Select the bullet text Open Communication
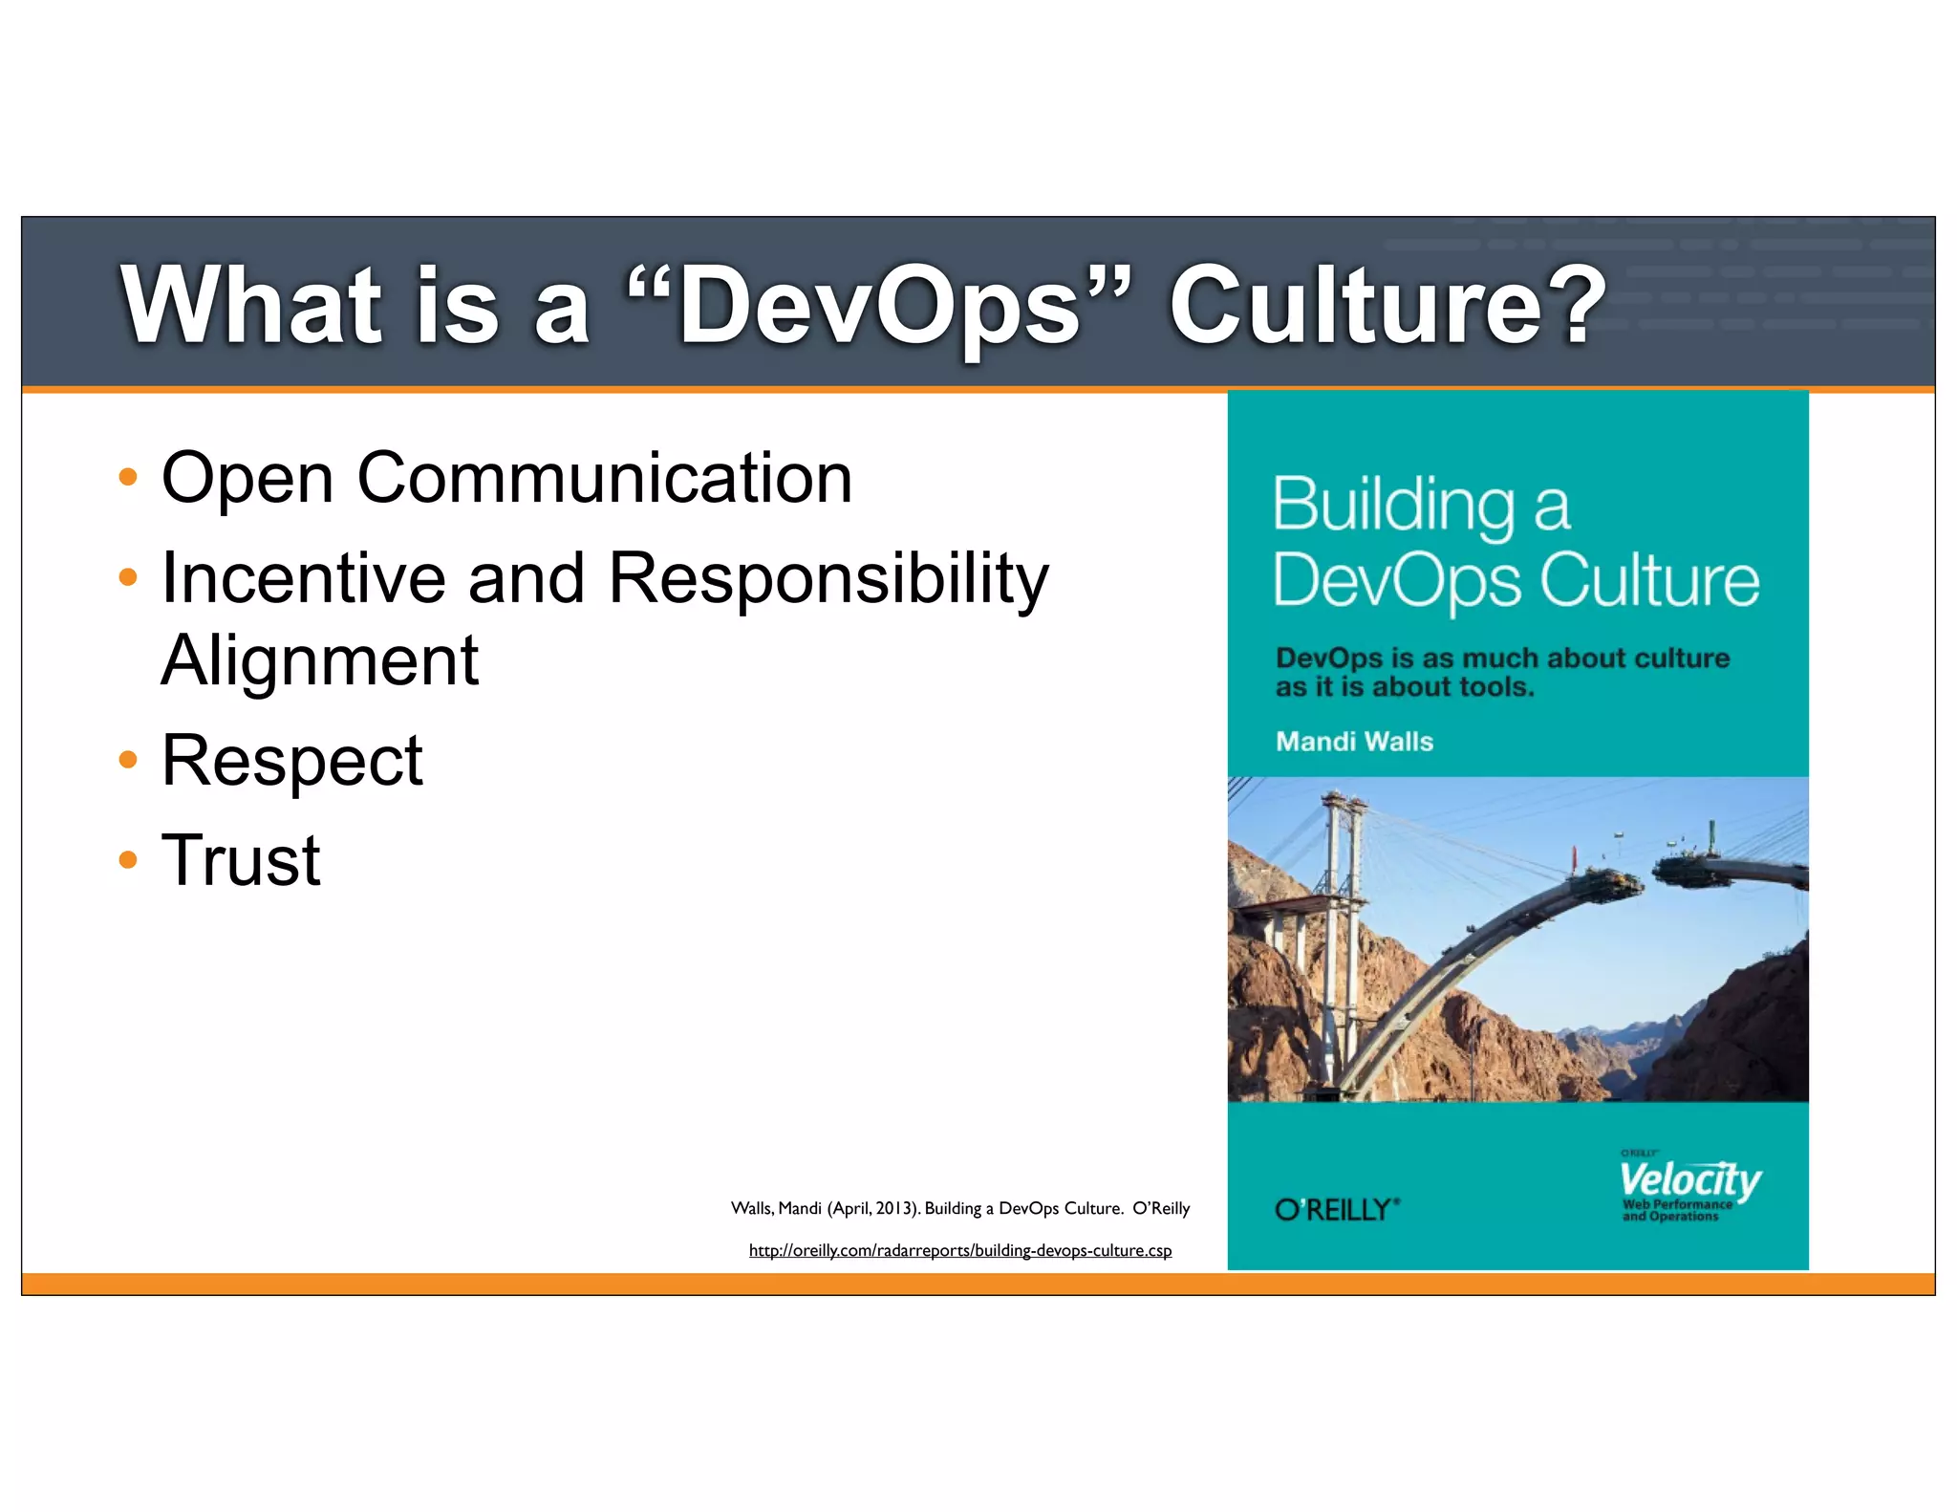506,478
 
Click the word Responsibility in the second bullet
828,579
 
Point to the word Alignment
319,660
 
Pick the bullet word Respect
291,761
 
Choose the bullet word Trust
241,860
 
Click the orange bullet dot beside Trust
128,859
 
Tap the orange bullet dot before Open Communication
128,477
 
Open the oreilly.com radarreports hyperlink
959,1250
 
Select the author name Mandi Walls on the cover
1354,742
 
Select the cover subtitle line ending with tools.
1405,687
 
